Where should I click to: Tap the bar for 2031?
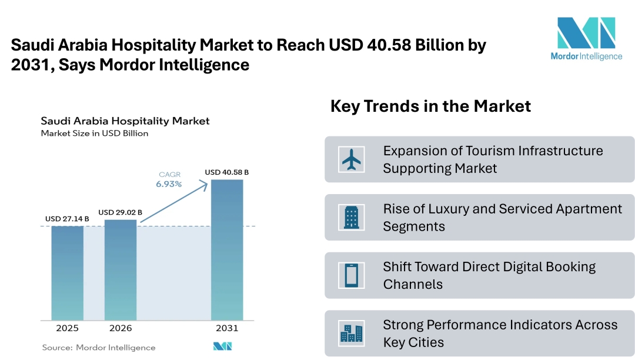pos(227,249)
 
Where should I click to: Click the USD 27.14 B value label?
pos(67,219)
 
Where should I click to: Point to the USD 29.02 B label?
pos(120,212)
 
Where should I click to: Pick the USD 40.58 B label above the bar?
pos(227,172)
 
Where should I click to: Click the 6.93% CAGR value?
pos(169,184)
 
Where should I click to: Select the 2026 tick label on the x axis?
pos(121,328)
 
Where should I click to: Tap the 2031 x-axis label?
pos(227,328)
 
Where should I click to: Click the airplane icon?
pos(352,159)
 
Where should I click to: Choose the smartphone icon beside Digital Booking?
pos(352,275)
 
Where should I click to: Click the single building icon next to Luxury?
pos(352,217)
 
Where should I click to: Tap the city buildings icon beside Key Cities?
pos(352,334)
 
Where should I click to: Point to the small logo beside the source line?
pos(222,347)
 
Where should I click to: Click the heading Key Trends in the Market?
pos(430,106)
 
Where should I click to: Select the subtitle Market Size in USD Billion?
pos(95,134)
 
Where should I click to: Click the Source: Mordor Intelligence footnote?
pos(99,348)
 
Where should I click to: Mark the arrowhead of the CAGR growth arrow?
pos(205,184)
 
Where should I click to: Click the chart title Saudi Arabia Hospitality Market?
pos(125,121)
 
